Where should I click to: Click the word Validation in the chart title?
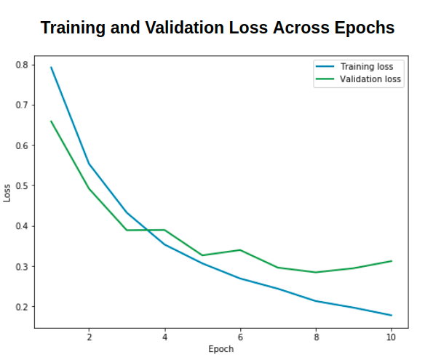185,28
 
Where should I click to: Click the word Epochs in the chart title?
365,28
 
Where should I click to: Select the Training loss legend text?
367,67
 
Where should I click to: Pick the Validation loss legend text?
370,79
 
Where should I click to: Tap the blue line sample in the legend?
325,66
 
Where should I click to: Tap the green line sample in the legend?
325,79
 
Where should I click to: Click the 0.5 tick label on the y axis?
22,186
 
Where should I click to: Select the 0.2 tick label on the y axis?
22,307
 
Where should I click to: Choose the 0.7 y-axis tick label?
22,105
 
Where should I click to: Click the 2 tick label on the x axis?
90,337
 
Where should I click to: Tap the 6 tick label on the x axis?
240,337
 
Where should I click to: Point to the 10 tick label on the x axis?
391,337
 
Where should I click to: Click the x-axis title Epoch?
221,349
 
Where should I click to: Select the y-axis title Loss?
7,193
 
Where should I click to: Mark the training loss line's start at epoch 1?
51,67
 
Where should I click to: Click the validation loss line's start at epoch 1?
51,121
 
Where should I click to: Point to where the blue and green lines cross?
147,231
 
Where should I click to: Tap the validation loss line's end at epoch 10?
392,261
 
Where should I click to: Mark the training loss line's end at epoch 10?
392,316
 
